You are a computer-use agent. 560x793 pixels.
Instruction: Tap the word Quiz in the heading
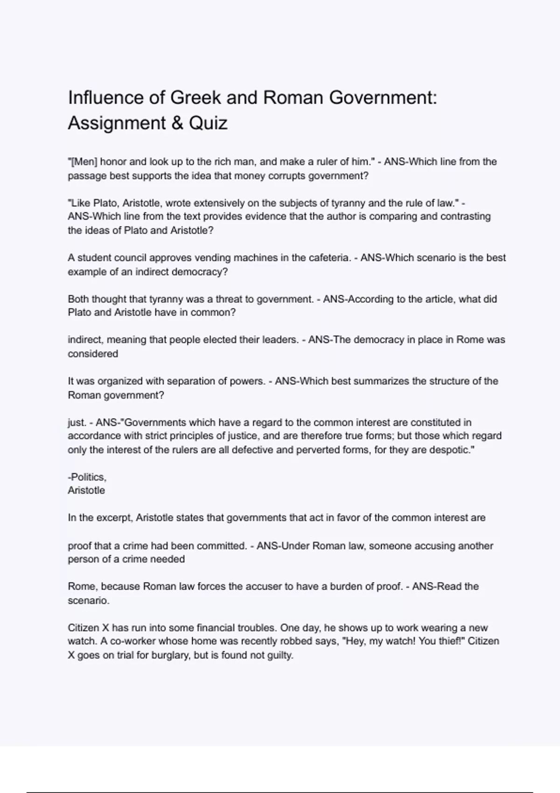pos(208,124)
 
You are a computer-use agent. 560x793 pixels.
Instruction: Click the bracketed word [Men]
pos(83,162)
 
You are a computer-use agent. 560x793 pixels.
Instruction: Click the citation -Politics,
pos(87,477)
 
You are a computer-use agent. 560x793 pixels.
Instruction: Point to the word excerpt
pos(114,518)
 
